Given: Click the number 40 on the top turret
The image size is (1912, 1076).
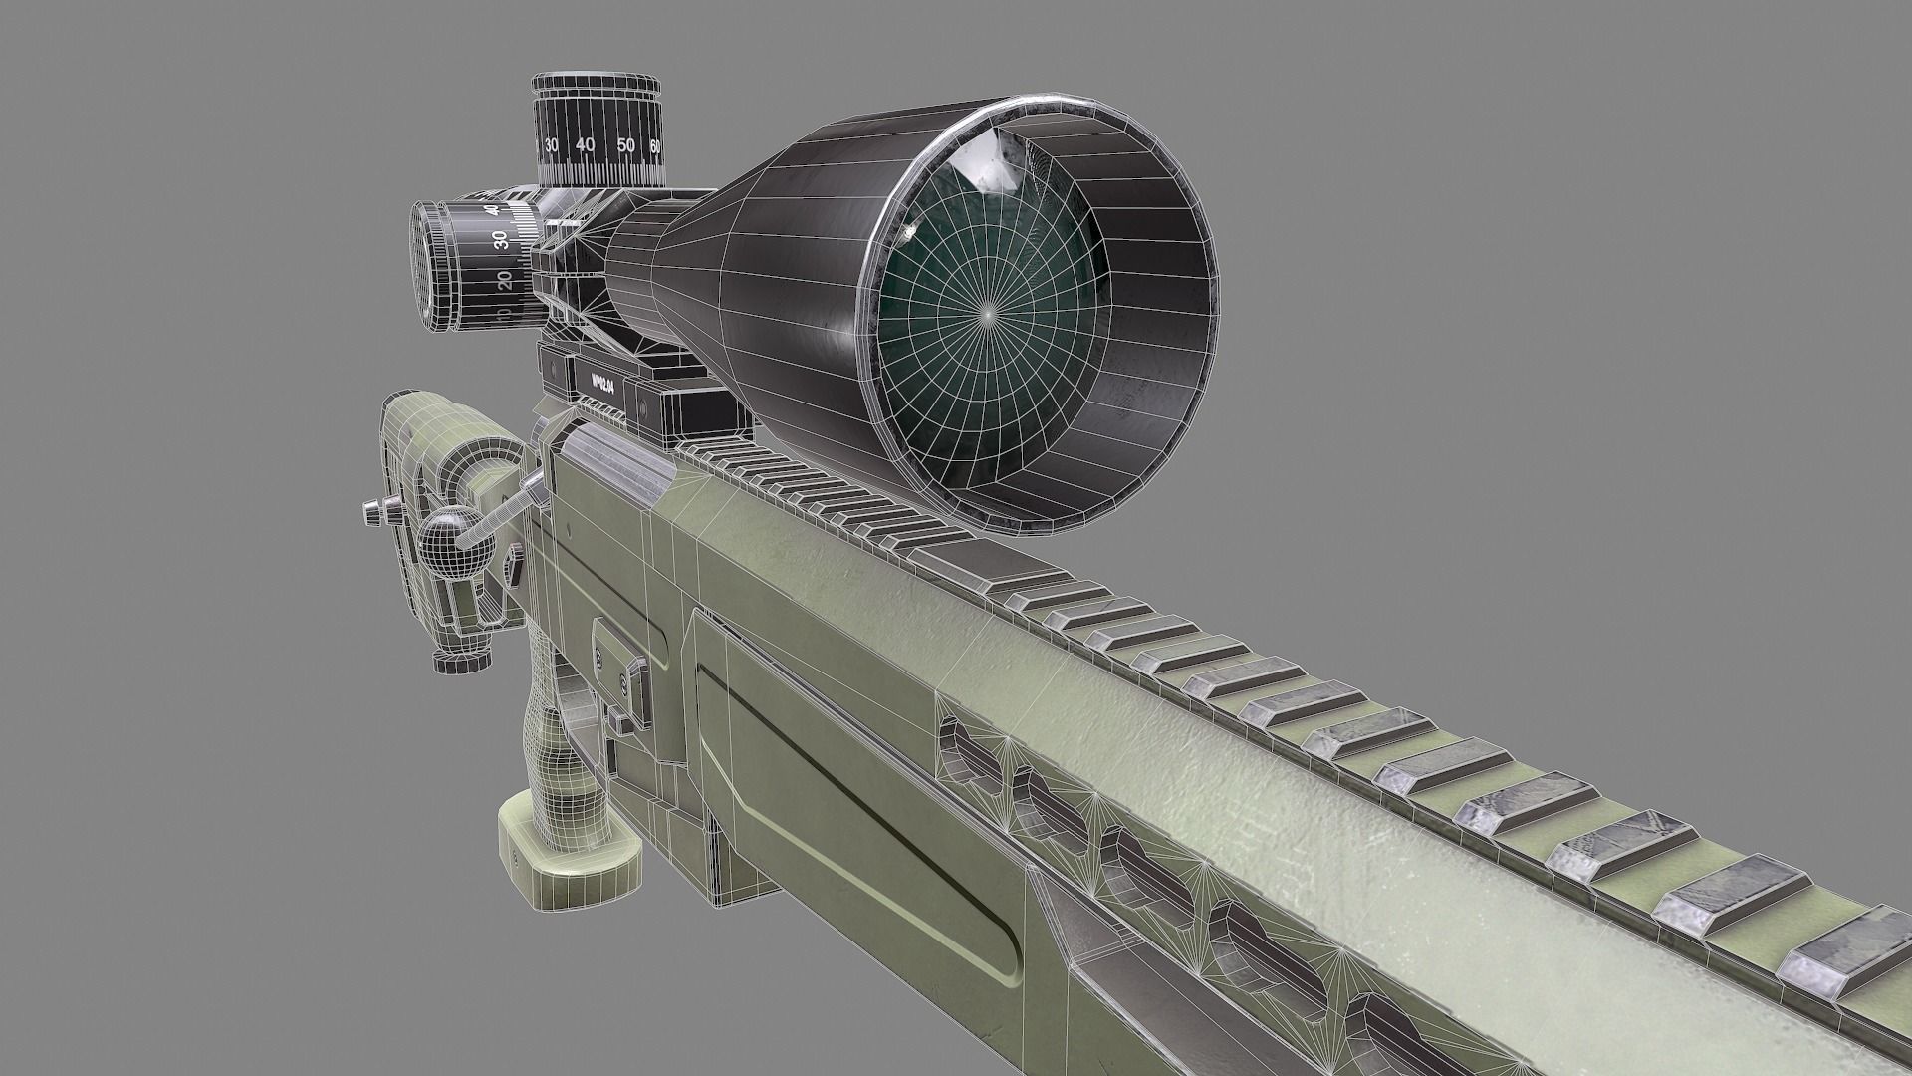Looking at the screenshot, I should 585,145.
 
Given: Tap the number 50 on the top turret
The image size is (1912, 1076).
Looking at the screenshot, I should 625,146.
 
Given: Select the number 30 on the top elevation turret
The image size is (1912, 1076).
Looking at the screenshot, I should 551,145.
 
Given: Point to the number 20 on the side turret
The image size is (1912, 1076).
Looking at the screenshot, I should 504,276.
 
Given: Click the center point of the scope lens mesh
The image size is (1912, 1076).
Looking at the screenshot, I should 987,312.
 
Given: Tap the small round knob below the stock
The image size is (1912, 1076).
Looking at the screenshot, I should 462,659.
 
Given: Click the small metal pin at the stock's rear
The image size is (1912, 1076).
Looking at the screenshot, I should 375,512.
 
